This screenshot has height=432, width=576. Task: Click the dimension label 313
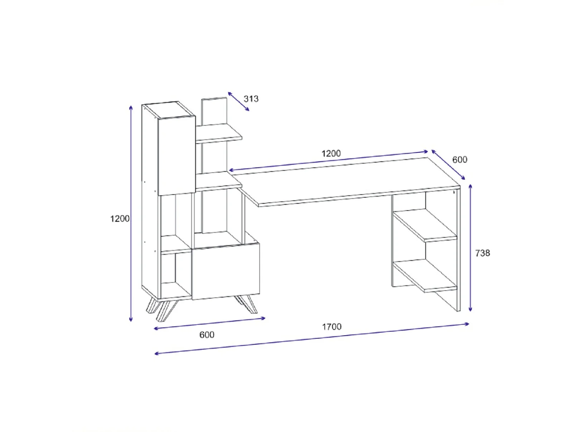[x=251, y=99]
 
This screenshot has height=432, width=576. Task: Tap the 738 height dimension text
[x=482, y=253]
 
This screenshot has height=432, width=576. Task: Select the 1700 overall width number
[x=331, y=327]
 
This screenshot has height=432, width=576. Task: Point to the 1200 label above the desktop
[x=331, y=154]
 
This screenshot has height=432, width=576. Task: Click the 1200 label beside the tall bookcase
[x=120, y=218]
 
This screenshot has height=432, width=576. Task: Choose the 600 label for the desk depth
[x=460, y=160]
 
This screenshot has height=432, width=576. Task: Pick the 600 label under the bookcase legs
[x=207, y=335]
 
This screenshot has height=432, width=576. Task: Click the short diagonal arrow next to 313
[x=238, y=101]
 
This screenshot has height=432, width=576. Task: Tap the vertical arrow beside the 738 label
[x=470, y=248]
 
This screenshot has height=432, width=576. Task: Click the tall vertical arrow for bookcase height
[x=131, y=213]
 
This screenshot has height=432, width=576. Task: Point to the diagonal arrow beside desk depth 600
[x=448, y=165]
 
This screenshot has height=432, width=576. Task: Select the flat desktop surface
[x=346, y=180]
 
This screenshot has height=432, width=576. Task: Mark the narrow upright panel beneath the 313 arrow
[x=214, y=111]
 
